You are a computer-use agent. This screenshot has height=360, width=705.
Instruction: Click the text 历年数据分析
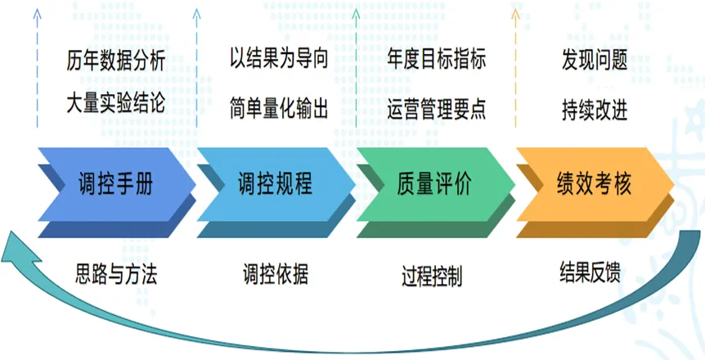point(115,61)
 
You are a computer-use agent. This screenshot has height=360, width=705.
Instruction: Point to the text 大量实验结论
point(115,105)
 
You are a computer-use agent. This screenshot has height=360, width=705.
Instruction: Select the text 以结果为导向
point(279,60)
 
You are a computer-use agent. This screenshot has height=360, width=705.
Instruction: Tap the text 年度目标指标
point(436,60)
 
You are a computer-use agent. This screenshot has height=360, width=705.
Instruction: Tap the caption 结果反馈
point(590,272)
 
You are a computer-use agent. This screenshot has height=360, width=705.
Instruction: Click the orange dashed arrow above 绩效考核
point(514,70)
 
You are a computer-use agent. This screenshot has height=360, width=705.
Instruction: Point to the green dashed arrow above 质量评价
point(356,70)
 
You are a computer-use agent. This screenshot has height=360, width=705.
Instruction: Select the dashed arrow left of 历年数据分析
point(37,70)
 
